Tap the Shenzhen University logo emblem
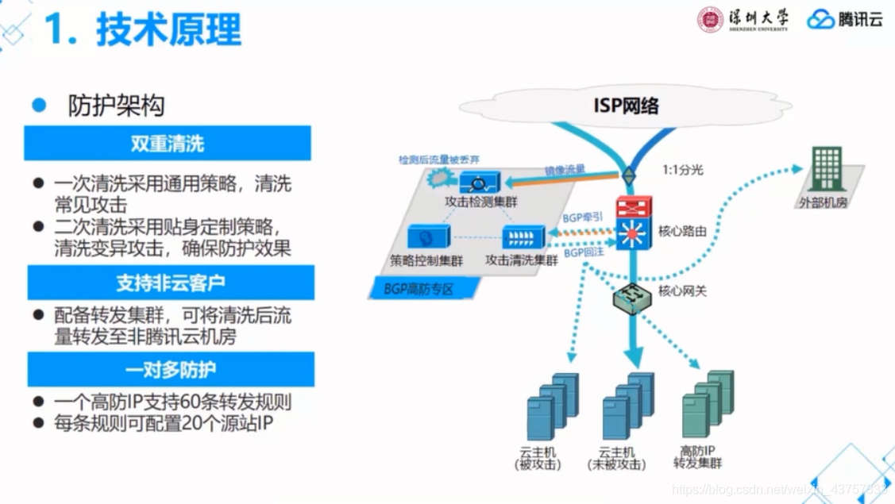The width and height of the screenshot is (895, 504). tap(710, 20)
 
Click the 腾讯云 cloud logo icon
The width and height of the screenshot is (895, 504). tap(820, 20)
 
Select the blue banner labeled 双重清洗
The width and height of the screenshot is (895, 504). tap(168, 144)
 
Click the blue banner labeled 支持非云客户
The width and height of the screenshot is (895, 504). tap(171, 283)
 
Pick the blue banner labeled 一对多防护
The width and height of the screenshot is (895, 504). tap(171, 370)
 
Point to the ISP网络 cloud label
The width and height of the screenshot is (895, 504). tap(626, 105)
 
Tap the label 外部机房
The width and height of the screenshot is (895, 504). tap(823, 202)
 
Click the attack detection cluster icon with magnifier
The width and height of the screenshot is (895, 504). tap(480, 184)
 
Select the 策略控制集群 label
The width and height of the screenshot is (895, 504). tap(426, 260)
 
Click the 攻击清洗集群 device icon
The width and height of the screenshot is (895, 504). tap(523, 237)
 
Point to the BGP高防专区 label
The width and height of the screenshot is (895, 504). tap(419, 290)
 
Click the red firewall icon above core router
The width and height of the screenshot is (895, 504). tap(634, 208)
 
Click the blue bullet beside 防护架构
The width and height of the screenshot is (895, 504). tap(40, 105)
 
